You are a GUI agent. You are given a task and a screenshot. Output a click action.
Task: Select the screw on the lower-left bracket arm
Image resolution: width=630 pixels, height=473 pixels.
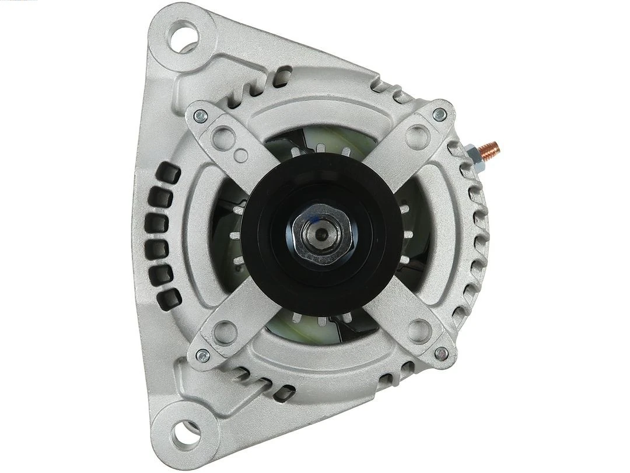pyautogui.click(x=202, y=354)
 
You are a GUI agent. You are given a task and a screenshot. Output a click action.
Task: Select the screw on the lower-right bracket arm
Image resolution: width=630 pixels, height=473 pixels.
pyautogui.click(x=442, y=352)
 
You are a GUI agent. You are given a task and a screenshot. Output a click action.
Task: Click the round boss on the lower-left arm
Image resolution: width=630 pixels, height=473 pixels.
pyautogui.click(x=225, y=332)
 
